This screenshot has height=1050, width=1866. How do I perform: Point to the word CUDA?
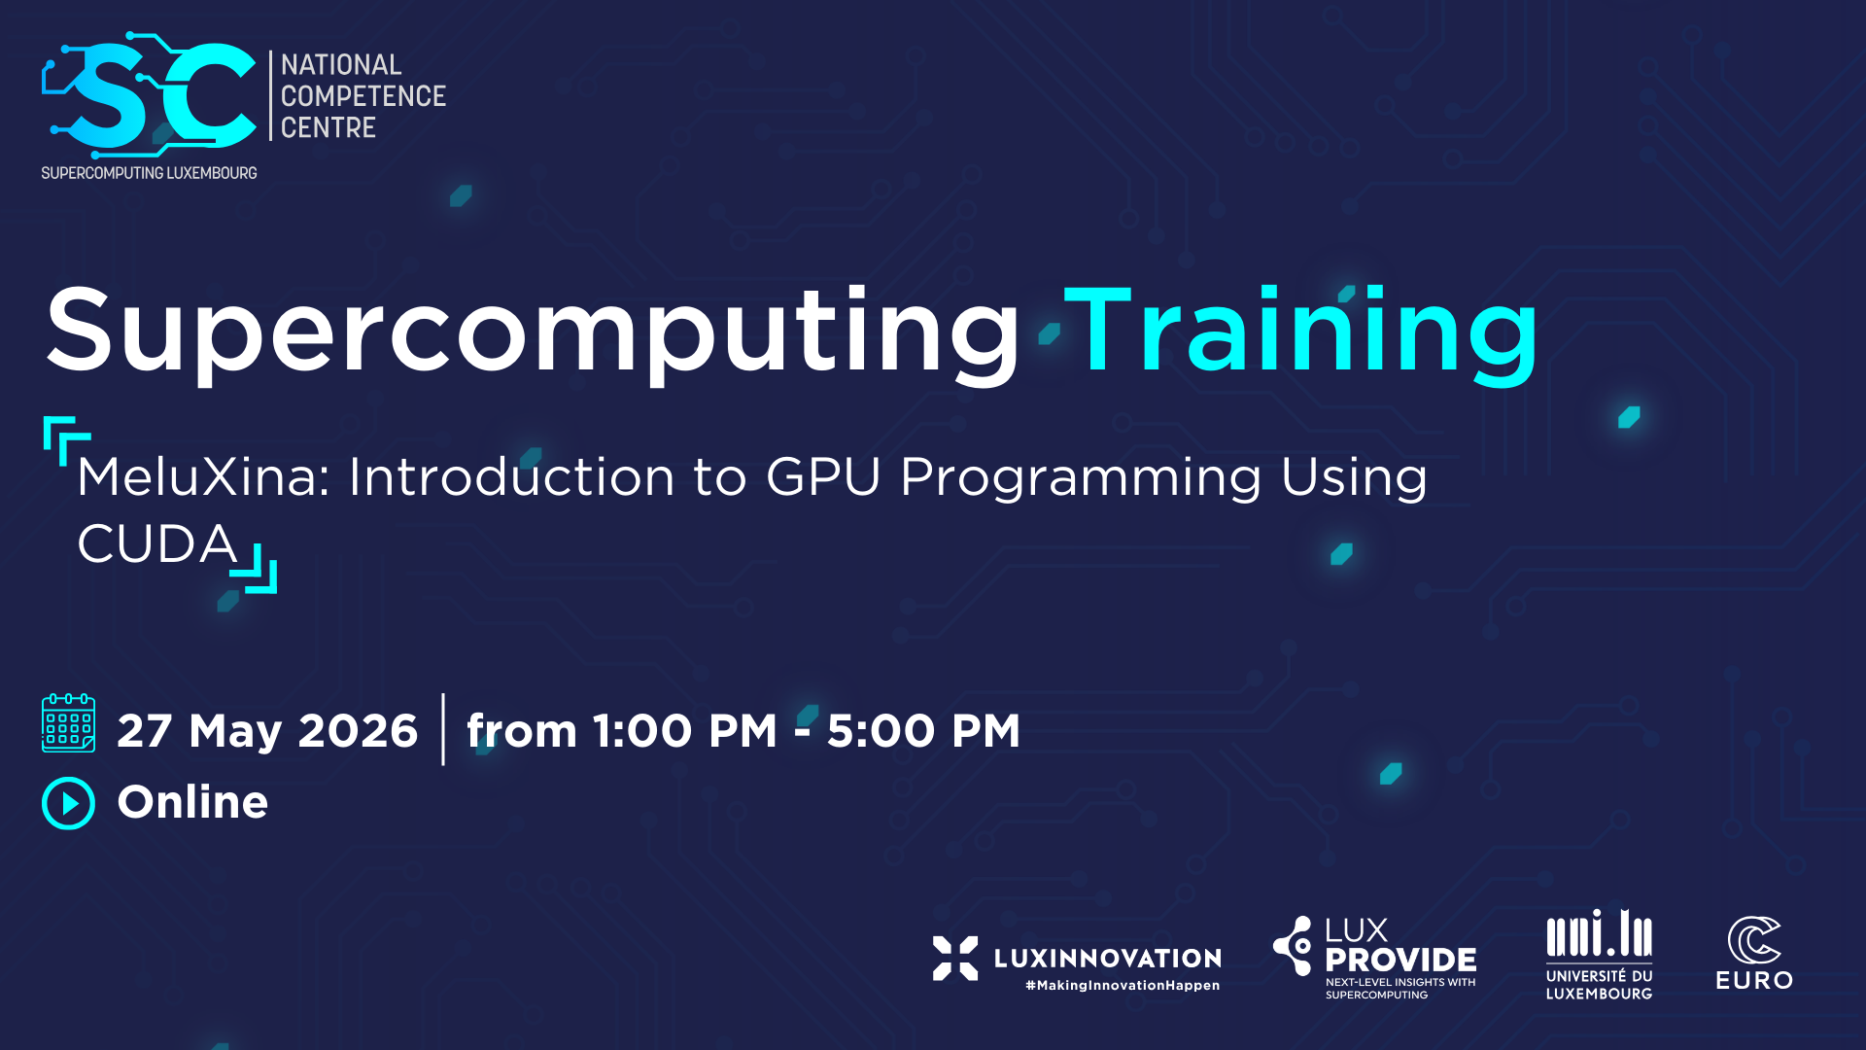157,543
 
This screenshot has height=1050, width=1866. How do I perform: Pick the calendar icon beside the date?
68,723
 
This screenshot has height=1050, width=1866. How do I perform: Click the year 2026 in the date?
358,730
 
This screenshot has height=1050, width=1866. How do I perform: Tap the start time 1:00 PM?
685,730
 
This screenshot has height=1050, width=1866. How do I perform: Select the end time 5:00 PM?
923,730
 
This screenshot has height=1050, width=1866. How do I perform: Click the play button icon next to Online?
68,803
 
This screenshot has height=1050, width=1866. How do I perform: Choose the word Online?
192,802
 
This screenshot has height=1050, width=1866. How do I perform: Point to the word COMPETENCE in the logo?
363,96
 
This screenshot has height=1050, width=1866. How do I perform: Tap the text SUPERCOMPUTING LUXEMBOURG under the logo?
149,173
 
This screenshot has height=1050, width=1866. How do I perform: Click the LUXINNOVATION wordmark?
1108,959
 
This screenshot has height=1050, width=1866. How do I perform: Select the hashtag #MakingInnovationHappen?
1123,986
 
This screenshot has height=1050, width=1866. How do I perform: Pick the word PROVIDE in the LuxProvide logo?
1400,960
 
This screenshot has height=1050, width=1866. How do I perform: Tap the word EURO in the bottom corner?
1754,981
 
